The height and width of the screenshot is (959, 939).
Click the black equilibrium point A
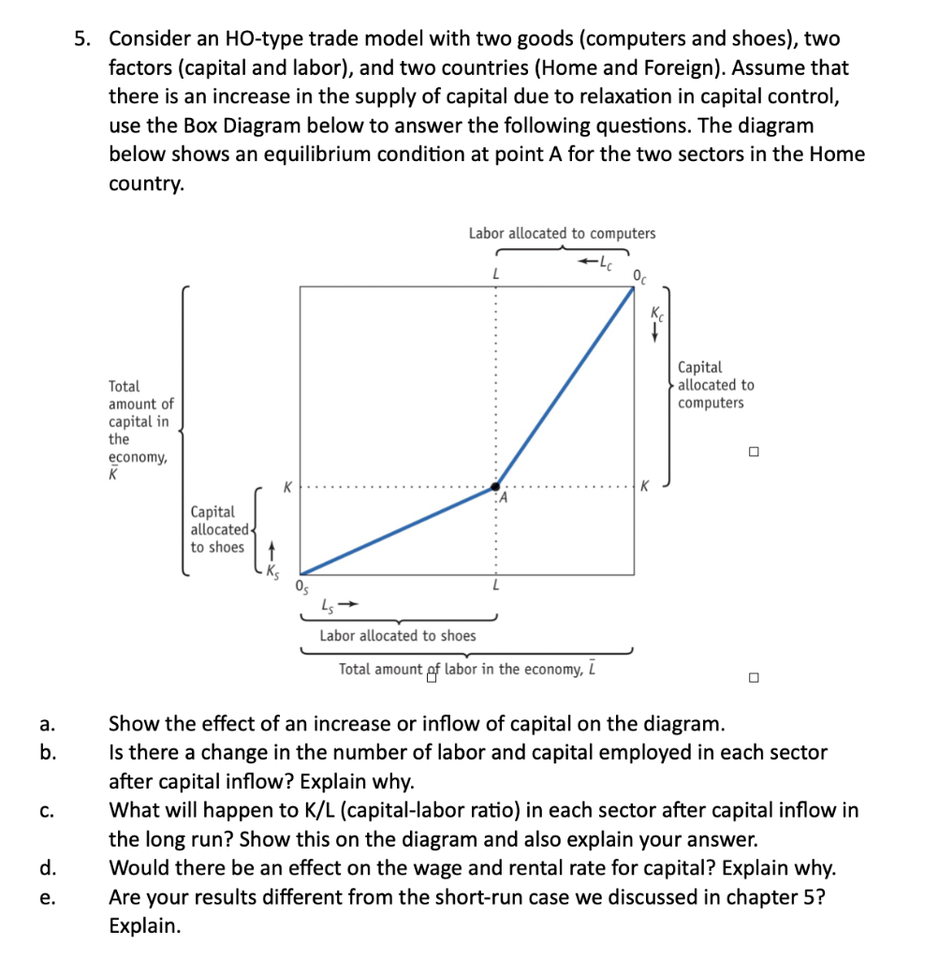pyautogui.click(x=495, y=487)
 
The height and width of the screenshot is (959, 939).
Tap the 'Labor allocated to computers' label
pyautogui.click(x=562, y=233)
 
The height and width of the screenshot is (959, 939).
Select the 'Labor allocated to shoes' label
pyautogui.click(x=397, y=635)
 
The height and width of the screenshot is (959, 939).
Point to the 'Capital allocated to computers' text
pyautogui.click(x=714, y=385)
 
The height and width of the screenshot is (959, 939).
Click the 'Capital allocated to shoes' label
pyautogui.click(x=217, y=529)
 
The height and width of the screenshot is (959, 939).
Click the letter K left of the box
pyautogui.click(x=288, y=487)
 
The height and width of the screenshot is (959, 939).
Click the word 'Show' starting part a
pyautogui.click(x=132, y=724)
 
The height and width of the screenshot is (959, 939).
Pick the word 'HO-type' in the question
pyautogui.click(x=230, y=38)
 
